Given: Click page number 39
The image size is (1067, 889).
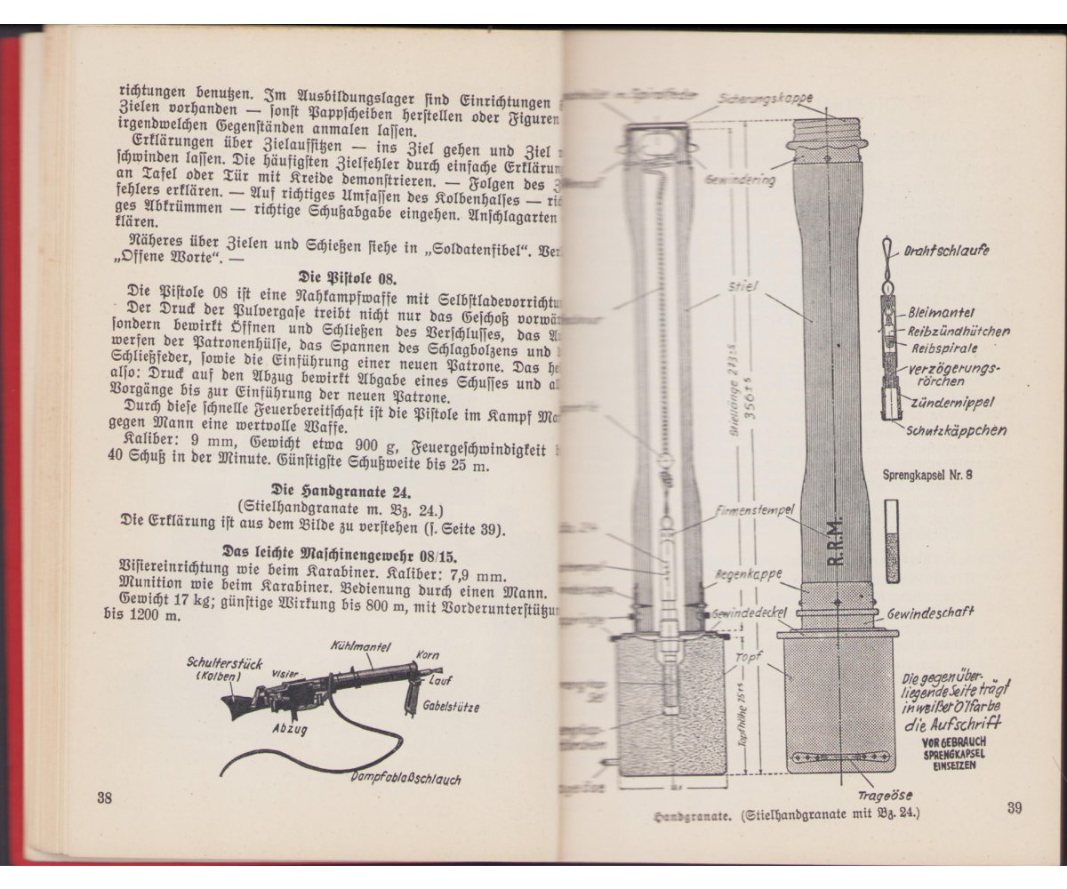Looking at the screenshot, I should click(1016, 807).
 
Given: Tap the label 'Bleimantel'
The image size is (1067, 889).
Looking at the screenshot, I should click(940, 313).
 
